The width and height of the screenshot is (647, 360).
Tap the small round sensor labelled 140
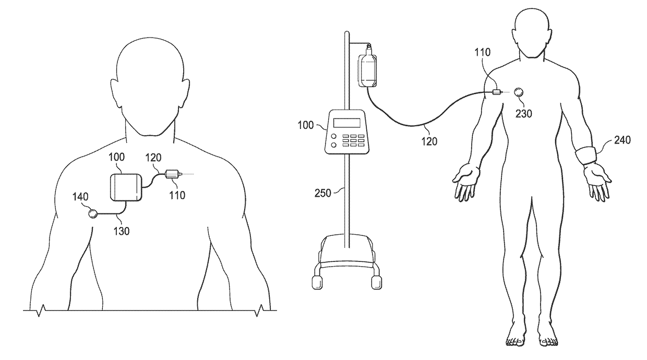point(93,213)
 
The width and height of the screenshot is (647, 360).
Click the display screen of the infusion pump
point(346,123)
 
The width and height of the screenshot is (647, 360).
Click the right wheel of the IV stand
point(375,282)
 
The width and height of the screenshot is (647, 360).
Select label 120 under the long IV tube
point(428,141)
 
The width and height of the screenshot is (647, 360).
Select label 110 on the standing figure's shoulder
point(483,53)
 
